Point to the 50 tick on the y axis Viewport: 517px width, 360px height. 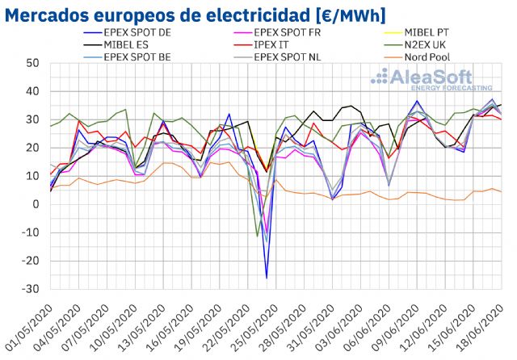pos(33,63)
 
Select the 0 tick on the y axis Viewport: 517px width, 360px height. pos(36,204)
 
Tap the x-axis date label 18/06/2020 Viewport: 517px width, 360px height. pos(480,327)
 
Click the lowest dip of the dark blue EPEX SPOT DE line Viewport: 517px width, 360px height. pos(267,278)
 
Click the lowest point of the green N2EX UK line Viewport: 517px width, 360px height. pos(258,236)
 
